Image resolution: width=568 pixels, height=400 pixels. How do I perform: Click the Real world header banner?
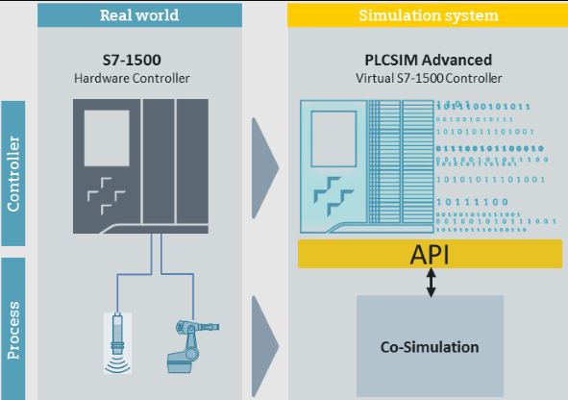[139, 15]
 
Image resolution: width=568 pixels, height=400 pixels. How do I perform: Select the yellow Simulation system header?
[428, 15]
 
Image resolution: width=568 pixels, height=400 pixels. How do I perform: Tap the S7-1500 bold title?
[132, 61]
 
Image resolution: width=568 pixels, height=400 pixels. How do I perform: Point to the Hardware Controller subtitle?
[132, 78]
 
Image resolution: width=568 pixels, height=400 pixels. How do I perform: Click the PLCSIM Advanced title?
[429, 61]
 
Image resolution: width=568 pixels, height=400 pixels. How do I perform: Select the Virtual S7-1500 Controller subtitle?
[429, 78]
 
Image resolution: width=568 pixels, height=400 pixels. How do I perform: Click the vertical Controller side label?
[13, 173]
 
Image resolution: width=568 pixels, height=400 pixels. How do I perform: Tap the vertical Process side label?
[13, 330]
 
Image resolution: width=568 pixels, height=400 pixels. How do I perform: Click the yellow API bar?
[430, 254]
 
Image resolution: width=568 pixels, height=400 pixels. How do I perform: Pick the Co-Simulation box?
[430, 346]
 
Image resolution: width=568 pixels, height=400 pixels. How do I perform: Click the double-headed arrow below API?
[431, 283]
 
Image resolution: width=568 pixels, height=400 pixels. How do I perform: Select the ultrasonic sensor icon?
[117, 343]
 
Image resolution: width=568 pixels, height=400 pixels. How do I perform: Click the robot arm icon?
[192, 346]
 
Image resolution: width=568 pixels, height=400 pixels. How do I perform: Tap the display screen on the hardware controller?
[107, 138]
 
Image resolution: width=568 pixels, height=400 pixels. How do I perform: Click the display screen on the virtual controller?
[333, 139]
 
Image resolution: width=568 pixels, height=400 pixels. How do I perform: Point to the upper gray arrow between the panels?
[264, 168]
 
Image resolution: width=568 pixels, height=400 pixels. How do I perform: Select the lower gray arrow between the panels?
[264, 346]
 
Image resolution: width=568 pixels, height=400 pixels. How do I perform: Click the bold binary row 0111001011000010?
[490, 148]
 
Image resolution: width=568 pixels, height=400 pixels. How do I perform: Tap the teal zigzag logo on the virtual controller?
[333, 196]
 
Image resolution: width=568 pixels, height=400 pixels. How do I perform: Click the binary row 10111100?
[472, 202]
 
